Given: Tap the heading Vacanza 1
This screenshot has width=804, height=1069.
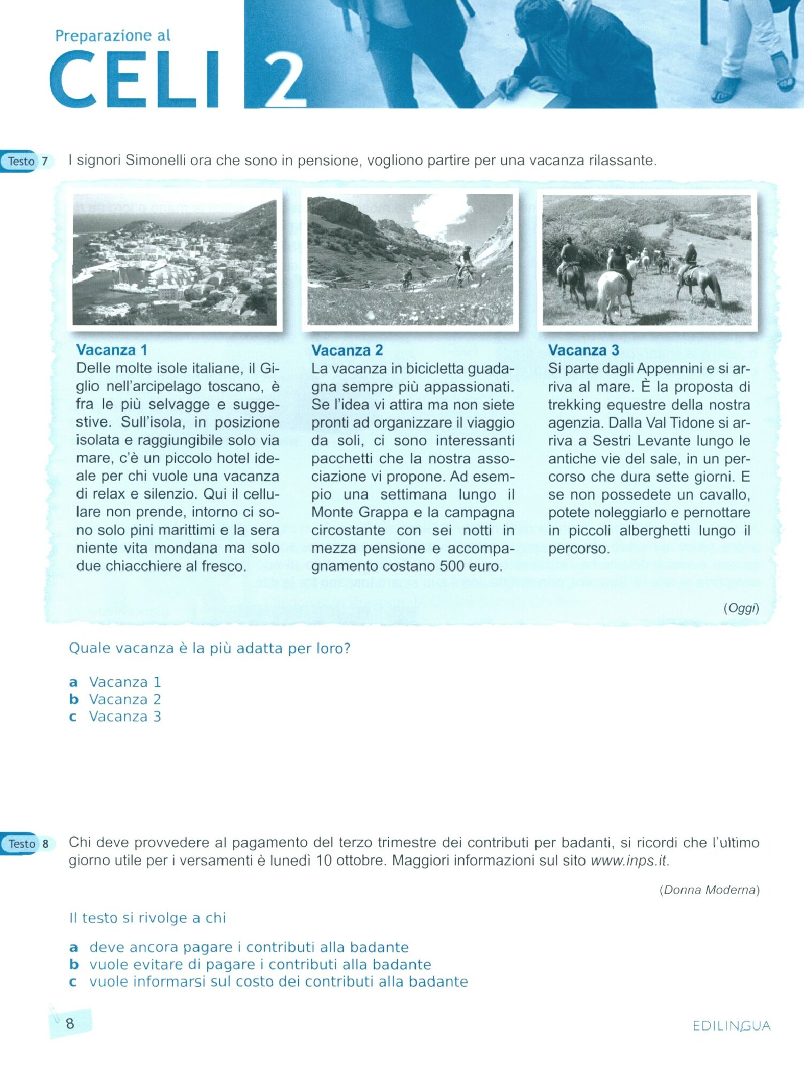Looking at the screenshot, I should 111,350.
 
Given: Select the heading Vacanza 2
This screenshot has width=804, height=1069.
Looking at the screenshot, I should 347,351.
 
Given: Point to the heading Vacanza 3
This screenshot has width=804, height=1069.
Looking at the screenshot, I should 583,351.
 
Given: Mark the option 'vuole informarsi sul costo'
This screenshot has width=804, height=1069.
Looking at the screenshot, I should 278,981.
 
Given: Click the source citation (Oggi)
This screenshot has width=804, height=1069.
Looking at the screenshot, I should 741,608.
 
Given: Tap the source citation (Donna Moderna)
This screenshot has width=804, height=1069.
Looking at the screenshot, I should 709,889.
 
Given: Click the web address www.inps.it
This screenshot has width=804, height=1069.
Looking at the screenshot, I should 629,861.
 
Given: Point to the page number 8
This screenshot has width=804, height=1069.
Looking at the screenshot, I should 70,1023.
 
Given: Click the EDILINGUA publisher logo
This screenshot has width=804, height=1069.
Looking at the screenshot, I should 731,1026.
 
